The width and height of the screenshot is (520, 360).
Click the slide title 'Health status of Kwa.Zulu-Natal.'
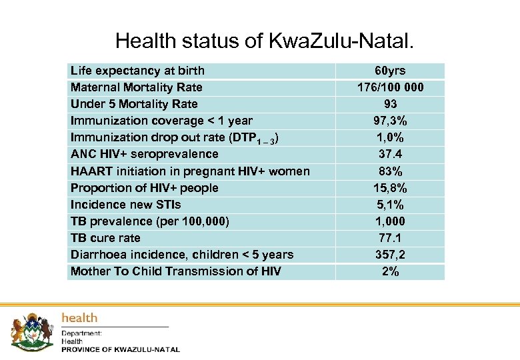pyautogui.click(x=265, y=41)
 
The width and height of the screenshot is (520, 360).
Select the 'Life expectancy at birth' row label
pyautogui.click(x=137, y=71)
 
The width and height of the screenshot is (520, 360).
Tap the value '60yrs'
pyautogui.click(x=390, y=71)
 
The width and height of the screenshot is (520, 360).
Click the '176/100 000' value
pyautogui.click(x=390, y=87)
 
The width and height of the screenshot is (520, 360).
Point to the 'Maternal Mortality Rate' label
pyautogui.click(x=136, y=87)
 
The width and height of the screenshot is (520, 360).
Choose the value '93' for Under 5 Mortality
pyautogui.click(x=390, y=104)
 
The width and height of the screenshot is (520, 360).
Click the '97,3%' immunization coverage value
pyautogui.click(x=390, y=121)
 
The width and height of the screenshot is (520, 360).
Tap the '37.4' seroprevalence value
pyautogui.click(x=390, y=154)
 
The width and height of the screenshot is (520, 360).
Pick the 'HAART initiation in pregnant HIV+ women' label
pyautogui.click(x=190, y=171)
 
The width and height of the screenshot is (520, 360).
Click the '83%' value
pyautogui.click(x=390, y=171)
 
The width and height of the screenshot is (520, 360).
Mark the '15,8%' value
pyautogui.click(x=390, y=188)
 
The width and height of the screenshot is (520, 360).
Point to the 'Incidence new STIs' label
pyautogui.click(x=125, y=205)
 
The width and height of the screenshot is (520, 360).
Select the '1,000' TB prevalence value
pyautogui.click(x=390, y=221)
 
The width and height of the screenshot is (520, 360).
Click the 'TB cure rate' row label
pyautogui.click(x=105, y=238)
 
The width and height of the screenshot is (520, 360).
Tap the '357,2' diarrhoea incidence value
pyautogui.click(x=390, y=255)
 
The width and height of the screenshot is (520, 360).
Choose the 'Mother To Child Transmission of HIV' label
pyautogui.click(x=176, y=271)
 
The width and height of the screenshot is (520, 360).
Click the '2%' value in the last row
pyautogui.click(x=390, y=271)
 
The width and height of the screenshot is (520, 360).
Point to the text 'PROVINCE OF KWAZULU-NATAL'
pyautogui.click(x=121, y=350)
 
